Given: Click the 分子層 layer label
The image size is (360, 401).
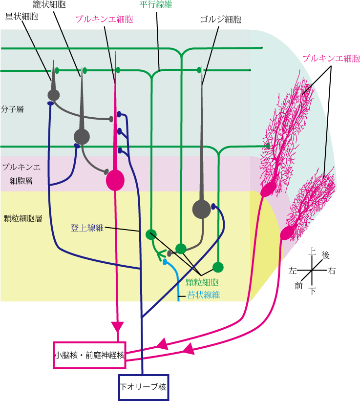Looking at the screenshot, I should click(x=13, y=109).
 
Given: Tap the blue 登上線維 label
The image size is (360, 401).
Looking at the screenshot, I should click(x=87, y=228).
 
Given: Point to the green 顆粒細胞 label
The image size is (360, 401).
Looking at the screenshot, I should click(x=202, y=282).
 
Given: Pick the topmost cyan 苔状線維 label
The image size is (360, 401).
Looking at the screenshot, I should click(x=203, y=295).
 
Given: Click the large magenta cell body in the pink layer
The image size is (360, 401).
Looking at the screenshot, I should click(x=115, y=180).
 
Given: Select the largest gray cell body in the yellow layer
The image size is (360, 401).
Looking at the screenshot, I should click(x=201, y=209).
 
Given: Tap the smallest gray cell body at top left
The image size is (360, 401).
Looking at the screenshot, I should click(x=54, y=95).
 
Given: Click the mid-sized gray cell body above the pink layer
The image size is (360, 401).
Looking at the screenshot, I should click(x=82, y=137).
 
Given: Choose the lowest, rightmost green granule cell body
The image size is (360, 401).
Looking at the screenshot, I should click(x=218, y=267).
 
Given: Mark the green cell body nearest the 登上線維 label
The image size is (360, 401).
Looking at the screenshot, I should click(x=151, y=234).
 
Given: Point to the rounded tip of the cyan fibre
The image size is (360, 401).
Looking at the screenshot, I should click(x=165, y=262).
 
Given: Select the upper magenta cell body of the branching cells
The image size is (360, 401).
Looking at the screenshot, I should click(x=267, y=190).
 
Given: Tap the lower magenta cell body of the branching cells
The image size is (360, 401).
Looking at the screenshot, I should click(x=287, y=232).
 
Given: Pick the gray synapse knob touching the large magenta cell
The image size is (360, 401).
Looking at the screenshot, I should click(x=106, y=171).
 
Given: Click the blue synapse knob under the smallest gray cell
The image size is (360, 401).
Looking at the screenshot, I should click(x=50, y=104).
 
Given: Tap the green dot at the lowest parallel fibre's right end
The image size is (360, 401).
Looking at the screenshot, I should click(x=268, y=146).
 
